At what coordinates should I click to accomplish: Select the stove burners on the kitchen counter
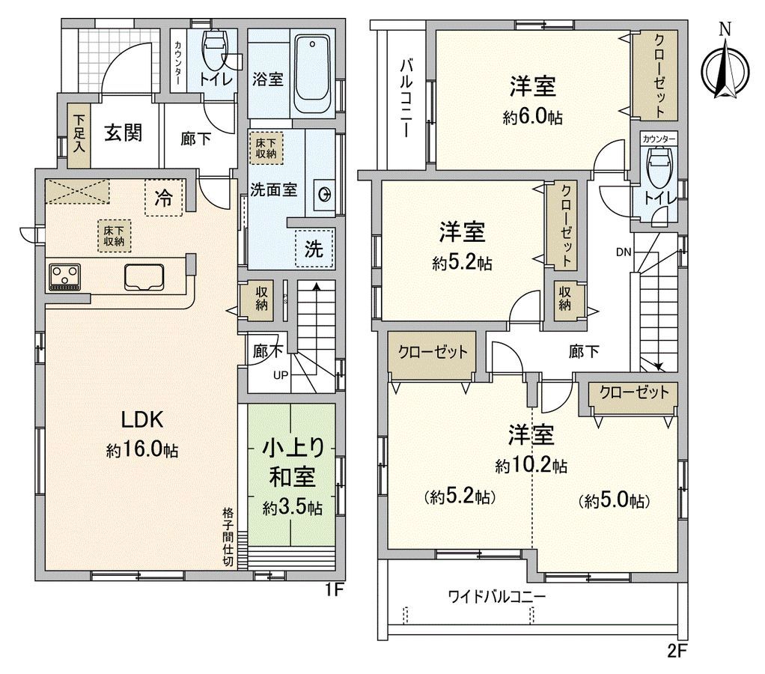66,276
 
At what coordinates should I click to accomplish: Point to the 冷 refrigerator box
162,198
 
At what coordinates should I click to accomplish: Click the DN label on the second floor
623,252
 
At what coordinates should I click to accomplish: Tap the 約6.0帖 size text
532,118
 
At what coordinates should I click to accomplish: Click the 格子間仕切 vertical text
228,538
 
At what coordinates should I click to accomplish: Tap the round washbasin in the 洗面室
326,195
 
